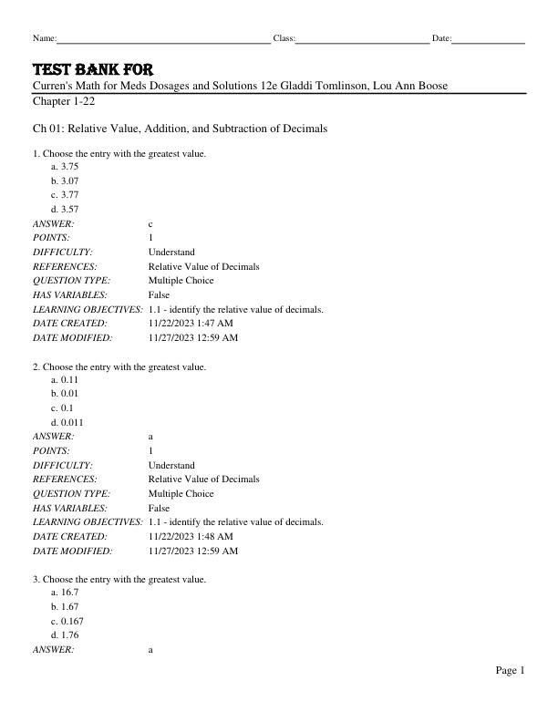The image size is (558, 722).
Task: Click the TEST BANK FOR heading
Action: pos(93,70)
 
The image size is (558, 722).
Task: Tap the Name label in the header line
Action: pos(44,38)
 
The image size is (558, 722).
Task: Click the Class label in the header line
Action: pos(284,38)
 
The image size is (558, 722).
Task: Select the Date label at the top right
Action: pos(441,38)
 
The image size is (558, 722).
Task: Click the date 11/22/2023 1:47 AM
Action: pos(190,323)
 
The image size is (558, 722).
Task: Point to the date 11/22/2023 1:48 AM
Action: pos(190,536)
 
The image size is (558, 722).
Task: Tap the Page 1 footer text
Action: pos(510,671)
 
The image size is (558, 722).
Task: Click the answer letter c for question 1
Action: pos(150,223)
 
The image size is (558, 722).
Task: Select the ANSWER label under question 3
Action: pos(53,649)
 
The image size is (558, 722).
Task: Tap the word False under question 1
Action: pos(159,295)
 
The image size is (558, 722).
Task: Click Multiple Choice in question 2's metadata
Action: pos(181,493)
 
